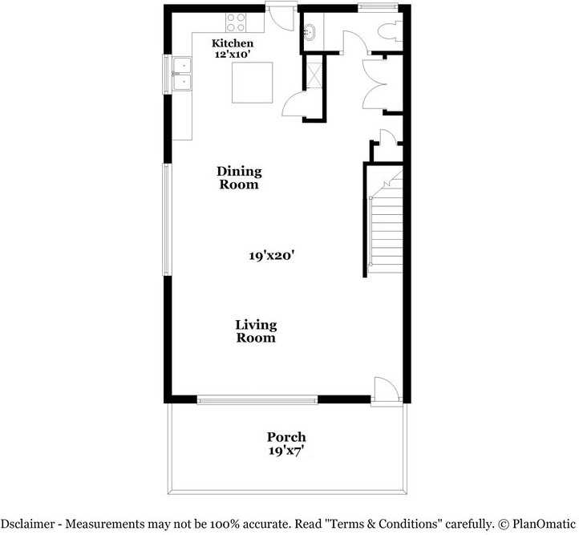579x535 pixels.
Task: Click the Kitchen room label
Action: point(233,43)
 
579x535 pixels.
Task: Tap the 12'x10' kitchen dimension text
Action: point(233,55)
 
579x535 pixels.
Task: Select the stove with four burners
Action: point(235,22)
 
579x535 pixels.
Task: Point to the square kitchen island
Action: point(253,83)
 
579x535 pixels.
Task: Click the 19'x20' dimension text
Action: point(272,256)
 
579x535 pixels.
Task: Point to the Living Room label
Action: point(256,331)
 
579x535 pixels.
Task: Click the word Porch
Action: point(286,437)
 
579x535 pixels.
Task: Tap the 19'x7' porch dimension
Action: point(286,451)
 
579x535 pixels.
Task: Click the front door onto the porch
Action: point(384,392)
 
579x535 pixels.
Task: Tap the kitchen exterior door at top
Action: point(281,16)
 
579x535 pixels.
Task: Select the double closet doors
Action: point(375,84)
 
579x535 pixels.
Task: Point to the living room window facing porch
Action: point(257,399)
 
